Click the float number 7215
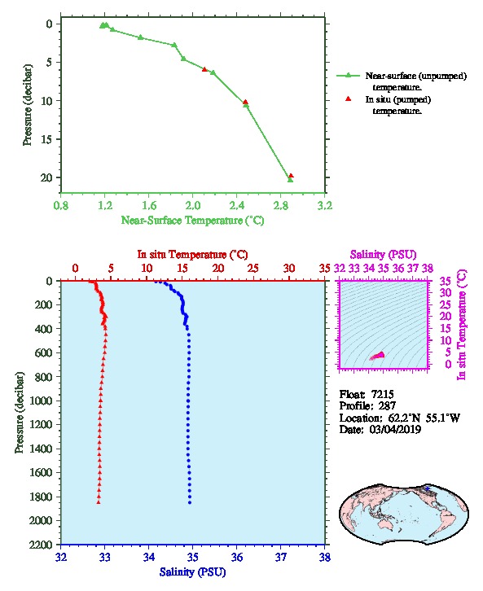pyautogui.click(x=382, y=394)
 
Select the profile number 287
pyautogui.click(x=387, y=406)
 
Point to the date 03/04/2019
pyautogui.click(x=395, y=429)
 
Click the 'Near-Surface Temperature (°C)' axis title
pyautogui.click(x=192, y=221)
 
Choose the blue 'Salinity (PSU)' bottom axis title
pyautogui.click(x=192, y=572)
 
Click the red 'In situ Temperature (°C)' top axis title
pyautogui.click(x=192, y=255)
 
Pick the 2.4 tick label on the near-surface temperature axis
pyautogui.click(x=236, y=205)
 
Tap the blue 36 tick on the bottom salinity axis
pyautogui.click(x=237, y=557)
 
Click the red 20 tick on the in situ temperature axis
pyautogui.click(x=218, y=269)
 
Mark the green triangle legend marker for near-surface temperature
pyautogui.click(x=349, y=76)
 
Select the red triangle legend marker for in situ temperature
pyautogui.click(x=349, y=99)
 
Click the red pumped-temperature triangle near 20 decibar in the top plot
pyautogui.click(x=291, y=176)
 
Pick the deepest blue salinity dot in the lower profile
pyautogui.click(x=190, y=502)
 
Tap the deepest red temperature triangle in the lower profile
pyautogui.click(x=99, y=502)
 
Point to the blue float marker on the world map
pyautogui.click(x=427, y=488)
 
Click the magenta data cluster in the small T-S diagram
pyautogui.click(x=378, y=356)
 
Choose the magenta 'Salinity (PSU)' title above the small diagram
pyautogui.click(x=383, y=255)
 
